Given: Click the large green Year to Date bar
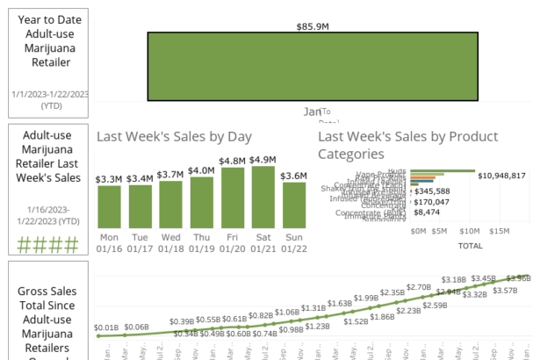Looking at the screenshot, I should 313,68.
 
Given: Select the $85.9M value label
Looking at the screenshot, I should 313,27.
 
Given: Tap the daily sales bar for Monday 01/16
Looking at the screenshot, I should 109,207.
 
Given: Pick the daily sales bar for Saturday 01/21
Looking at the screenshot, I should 263,198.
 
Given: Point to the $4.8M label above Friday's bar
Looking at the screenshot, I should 232,161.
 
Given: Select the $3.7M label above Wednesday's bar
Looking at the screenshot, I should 170,174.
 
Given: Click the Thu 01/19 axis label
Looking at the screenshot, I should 201,242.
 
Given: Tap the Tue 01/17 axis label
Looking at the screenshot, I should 140,242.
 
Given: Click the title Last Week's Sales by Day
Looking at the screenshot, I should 174,136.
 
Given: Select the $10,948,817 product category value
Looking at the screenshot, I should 501,176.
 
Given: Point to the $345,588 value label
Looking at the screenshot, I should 432,191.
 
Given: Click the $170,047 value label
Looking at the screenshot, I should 432,201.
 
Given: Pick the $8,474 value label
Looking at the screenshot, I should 428,212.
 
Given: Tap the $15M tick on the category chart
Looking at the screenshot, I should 500,231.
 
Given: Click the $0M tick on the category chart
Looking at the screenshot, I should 419,231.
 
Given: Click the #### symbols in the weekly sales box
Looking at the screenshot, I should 48,245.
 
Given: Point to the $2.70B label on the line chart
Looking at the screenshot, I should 419,287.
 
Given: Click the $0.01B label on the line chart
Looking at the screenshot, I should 105,327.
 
